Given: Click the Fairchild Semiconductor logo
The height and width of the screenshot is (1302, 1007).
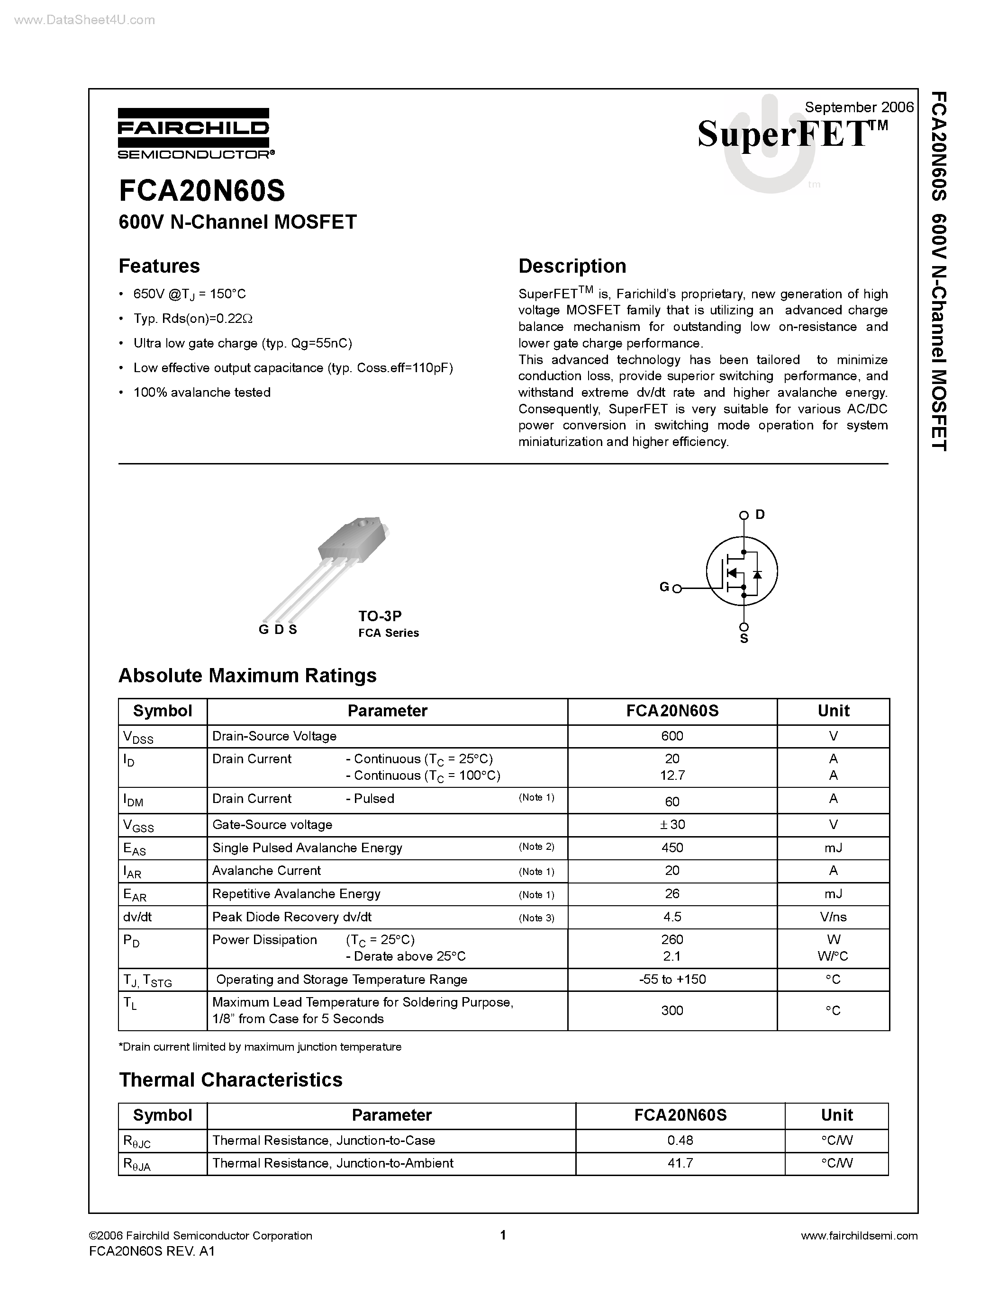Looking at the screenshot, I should (x=194, y=134).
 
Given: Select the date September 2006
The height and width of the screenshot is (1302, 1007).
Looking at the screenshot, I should (x=859, y=107).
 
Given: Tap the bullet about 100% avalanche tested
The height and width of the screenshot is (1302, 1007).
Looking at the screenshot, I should (x=202, y=392).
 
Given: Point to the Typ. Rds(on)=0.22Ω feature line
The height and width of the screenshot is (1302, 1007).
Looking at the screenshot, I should (x=193, y=318).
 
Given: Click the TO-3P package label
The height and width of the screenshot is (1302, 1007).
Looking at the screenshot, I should (x=380, y=616).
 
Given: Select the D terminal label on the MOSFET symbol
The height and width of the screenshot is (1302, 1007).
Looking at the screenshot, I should (x=760, y=515).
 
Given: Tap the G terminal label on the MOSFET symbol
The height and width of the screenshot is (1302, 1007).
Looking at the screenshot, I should (x=663, y=587).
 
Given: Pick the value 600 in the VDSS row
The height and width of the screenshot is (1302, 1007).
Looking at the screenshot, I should (x=672, y=736).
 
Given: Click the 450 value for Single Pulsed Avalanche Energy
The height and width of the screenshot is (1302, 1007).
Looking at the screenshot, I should (x=672, y=848).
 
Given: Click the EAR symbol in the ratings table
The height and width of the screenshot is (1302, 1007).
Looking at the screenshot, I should (x=134, y=895).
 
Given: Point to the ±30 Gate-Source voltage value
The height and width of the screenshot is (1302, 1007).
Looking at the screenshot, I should (x=672, y=824).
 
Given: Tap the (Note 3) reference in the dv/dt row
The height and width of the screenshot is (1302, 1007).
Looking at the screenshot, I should (x=536, y=918).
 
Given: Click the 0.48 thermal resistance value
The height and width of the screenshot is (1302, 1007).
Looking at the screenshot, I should (x=680, y=1141).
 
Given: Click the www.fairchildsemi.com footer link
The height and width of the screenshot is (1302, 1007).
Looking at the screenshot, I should (x=859, y=1236).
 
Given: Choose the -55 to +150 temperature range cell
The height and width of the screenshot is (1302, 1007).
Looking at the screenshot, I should (x=672, y=980).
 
